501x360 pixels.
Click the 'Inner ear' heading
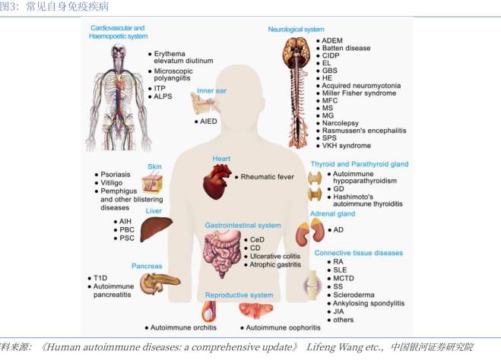211,90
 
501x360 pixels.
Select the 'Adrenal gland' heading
333,215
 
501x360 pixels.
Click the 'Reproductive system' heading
239,295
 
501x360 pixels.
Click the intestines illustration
223,254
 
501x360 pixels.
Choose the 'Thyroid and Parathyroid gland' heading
359,163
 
